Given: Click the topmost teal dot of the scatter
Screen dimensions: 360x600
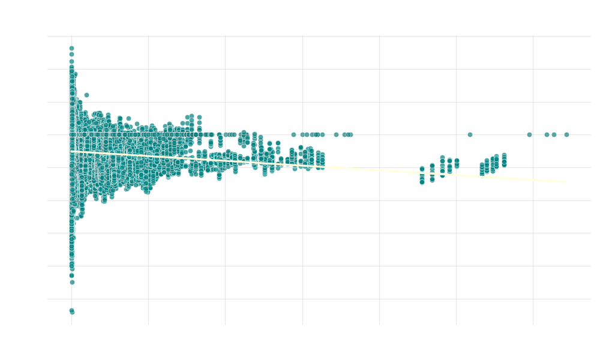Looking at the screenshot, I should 71,48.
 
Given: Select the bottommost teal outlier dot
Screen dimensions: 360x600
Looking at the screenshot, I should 72,311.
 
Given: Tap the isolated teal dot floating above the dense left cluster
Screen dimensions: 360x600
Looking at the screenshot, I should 86,95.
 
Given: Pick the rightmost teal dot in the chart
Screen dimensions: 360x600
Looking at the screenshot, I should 566,134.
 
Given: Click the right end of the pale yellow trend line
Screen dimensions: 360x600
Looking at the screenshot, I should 566,181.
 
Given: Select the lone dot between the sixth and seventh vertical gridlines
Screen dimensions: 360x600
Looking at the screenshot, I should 470,134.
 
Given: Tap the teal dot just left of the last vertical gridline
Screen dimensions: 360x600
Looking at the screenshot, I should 529,134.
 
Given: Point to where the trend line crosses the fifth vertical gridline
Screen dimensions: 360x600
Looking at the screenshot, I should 379,169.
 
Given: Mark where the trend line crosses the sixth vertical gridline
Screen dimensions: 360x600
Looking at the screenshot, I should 456,174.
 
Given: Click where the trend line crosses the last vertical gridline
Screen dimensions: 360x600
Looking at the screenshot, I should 533,179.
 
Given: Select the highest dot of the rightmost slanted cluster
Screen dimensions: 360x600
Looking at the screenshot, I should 504,155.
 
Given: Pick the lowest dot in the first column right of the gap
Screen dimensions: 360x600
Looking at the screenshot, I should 422,182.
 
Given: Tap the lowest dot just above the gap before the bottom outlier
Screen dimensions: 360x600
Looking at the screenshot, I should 72,282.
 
